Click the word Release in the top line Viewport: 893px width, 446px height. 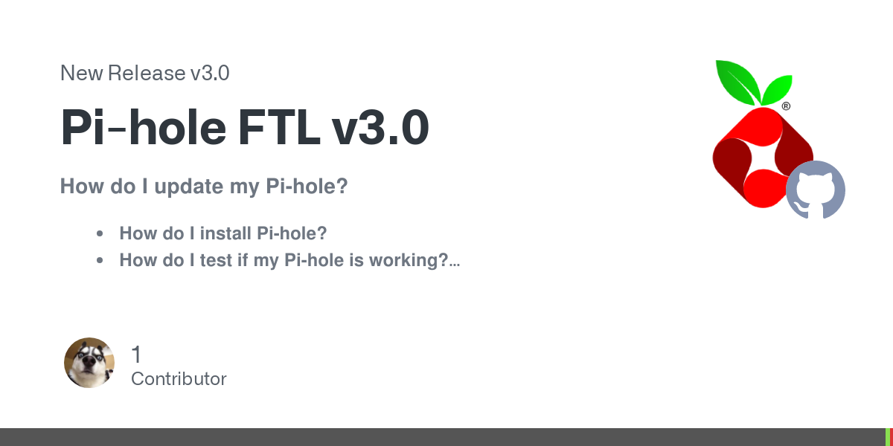click(x=147, y=74)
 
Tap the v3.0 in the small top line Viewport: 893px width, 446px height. click(x=210, y=74)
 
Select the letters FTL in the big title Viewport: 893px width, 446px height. click(x=279, y=127)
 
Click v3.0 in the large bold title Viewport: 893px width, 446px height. click(x=381, y=127)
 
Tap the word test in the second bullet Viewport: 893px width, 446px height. click(x=216, y=260)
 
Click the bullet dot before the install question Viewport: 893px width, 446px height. click(x=100, y=233)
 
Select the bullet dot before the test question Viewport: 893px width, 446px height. click(x=100, y=260)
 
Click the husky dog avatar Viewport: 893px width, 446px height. click(x=89, y=363)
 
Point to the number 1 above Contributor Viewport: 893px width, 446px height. click(x=136, y=355)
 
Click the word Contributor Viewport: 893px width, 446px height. click(x=179, y=379)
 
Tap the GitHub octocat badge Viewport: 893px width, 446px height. click(x=816, y=190)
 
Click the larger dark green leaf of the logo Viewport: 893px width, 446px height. click(x=737, y=81)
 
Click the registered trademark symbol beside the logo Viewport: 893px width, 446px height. click(x=786, y=106)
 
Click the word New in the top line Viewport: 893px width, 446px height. click(x=82, y=74)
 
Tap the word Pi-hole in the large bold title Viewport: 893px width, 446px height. click(x=143, y=127)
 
